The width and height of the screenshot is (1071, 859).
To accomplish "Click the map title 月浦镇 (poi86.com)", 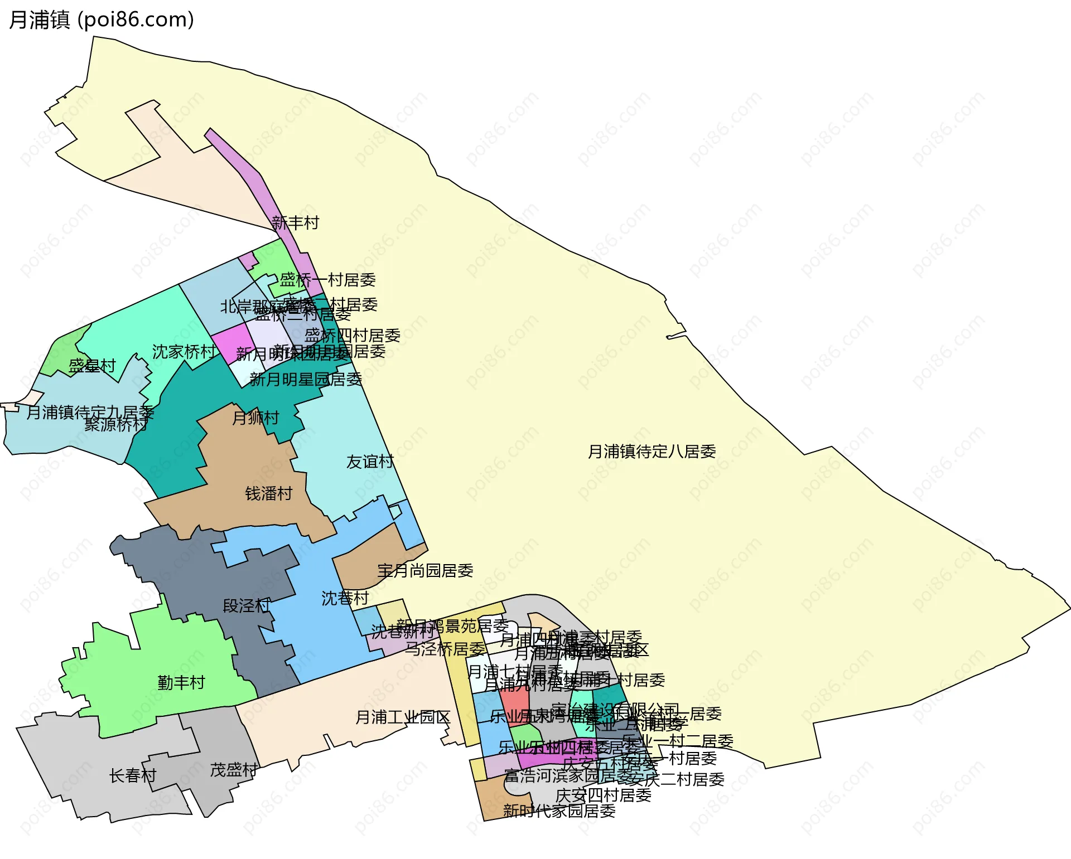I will pos(102,20).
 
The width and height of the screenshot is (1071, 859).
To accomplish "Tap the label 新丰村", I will pos(295,223).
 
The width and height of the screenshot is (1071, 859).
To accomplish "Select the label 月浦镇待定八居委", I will pos(652,452).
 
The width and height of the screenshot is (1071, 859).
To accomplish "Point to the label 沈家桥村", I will pos(184,352).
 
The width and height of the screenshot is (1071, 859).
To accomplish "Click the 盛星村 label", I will pos(92,366).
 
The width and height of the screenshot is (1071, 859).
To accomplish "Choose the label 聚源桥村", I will pos(116,425).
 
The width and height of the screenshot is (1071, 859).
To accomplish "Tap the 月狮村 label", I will pos(255,418).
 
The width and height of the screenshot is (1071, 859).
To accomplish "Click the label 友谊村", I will pos(370,462).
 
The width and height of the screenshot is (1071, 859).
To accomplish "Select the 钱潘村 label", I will pos(269,493).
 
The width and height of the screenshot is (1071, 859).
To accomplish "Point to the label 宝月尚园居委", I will pos(425,570).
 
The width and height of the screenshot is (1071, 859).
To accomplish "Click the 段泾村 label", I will pos(246,605).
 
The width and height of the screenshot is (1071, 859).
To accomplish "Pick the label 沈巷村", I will pos(345,598).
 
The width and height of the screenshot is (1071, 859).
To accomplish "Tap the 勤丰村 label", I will pos(181,682).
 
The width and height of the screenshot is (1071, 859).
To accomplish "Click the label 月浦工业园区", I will pos(403,717).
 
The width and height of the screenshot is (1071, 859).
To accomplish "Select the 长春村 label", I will pos(133,775).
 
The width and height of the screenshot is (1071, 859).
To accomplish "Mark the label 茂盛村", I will pos(234,770).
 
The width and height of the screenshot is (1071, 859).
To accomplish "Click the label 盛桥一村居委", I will pos(327,280).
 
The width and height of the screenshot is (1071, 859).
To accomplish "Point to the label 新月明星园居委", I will pos(306,380).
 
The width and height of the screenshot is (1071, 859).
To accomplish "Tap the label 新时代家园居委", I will pos(559,811).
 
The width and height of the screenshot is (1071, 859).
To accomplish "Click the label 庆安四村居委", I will pos(604,795).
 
